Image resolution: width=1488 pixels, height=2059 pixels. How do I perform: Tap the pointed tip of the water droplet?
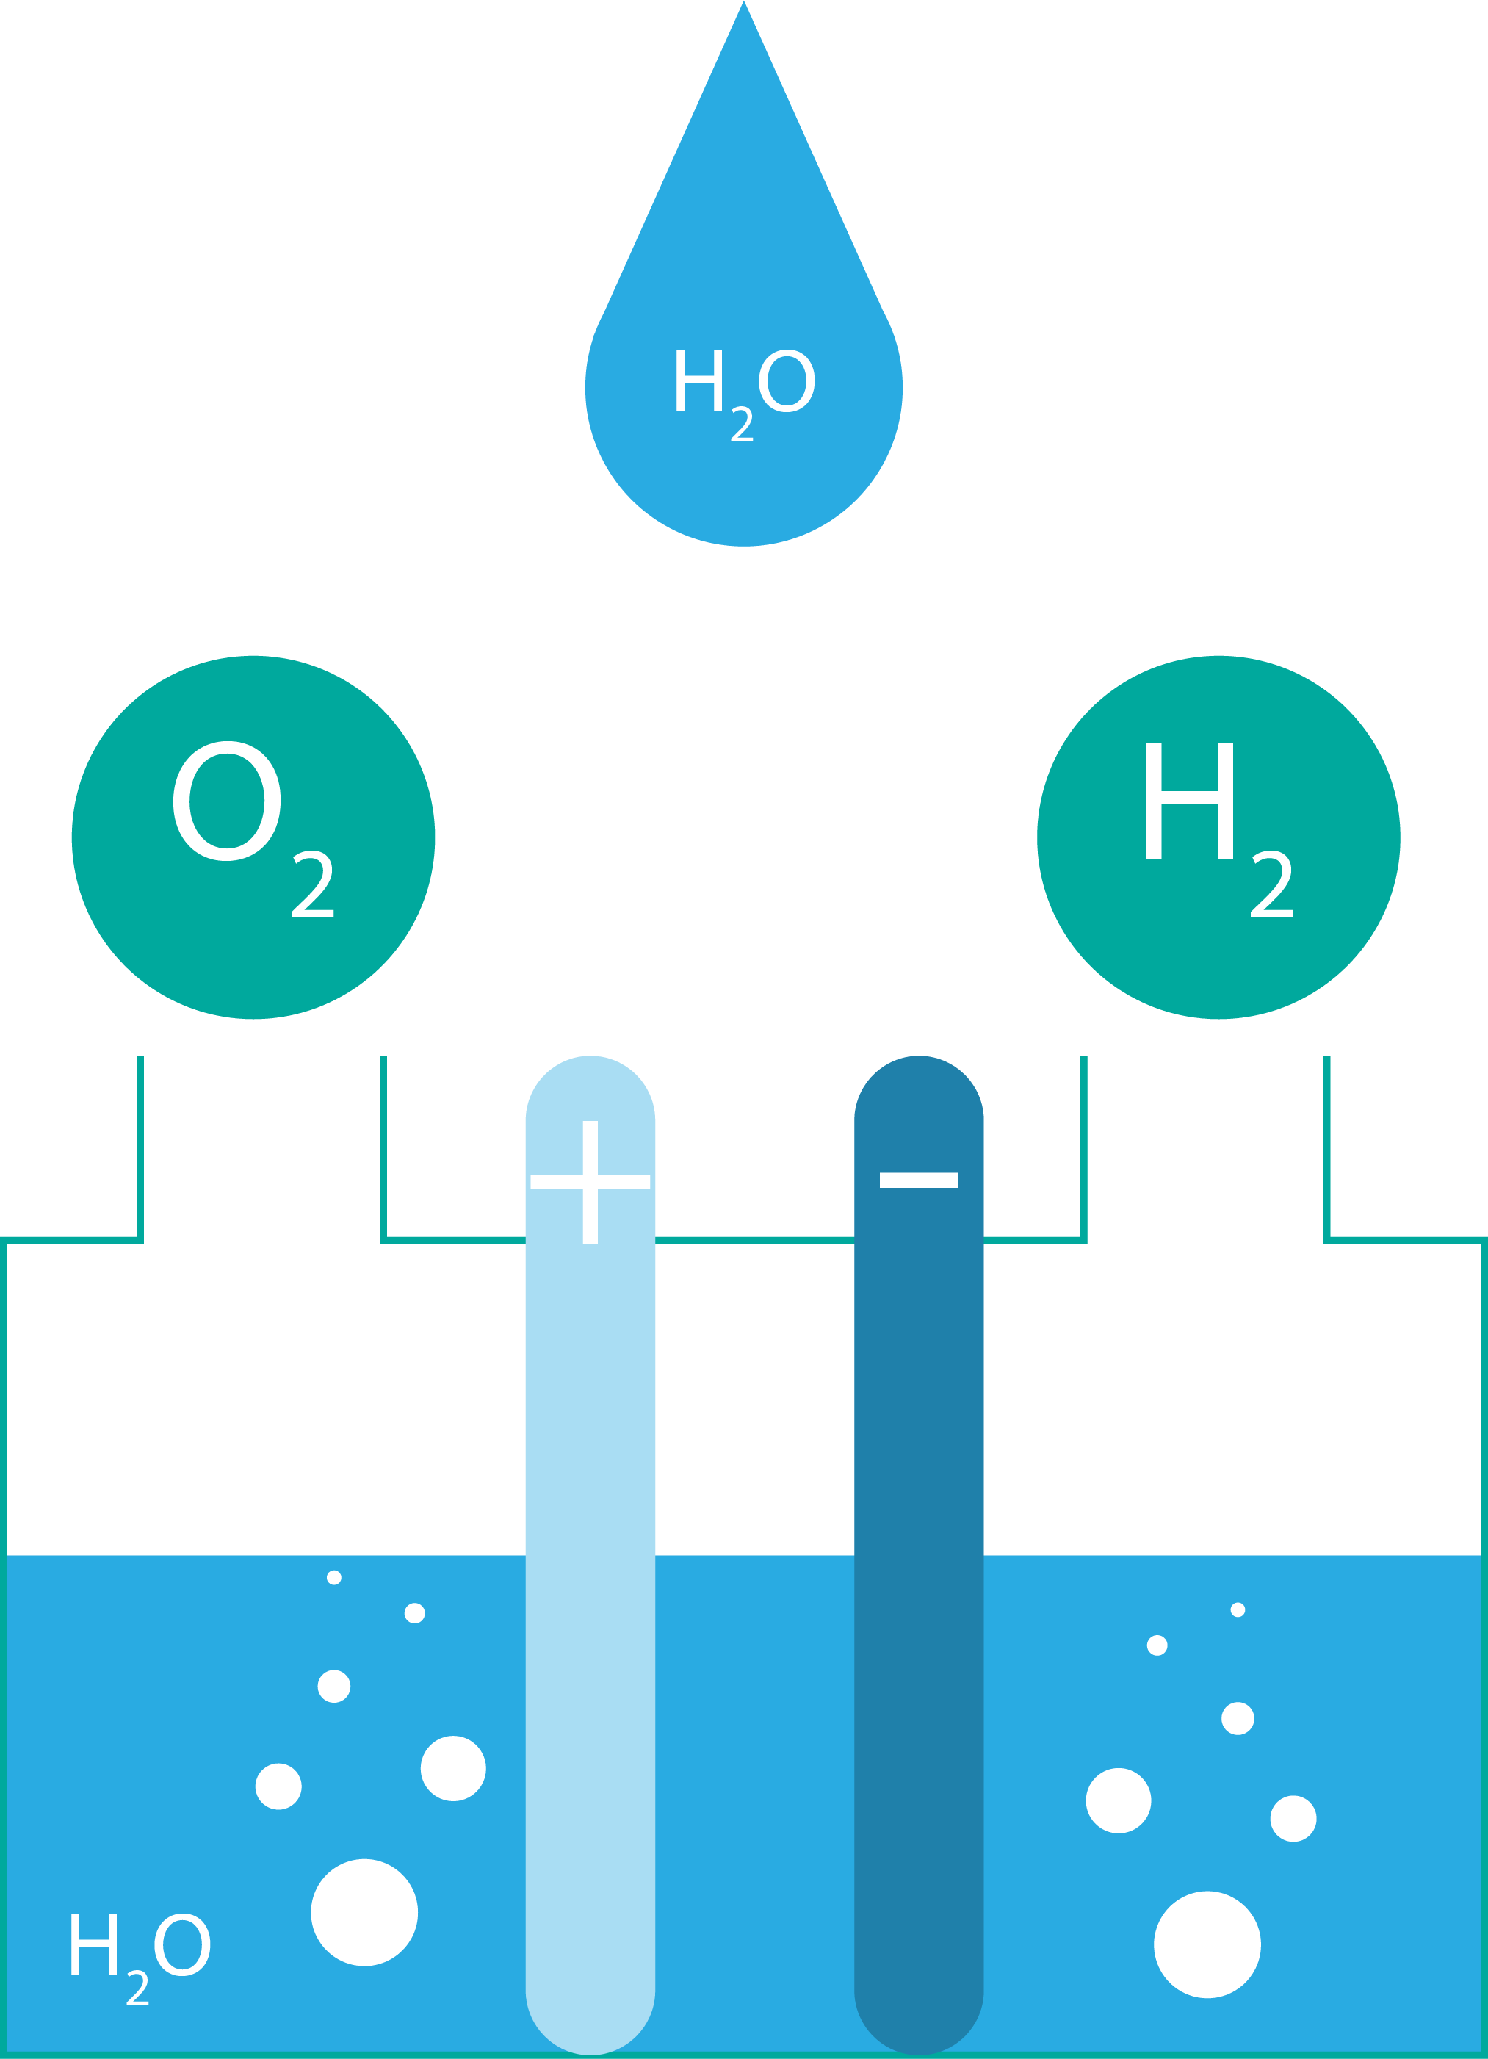click(743, 9)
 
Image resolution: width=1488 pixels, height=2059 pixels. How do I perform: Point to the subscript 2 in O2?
click(312, 884)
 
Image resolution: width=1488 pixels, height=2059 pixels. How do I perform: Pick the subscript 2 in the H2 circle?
click(1271, 884)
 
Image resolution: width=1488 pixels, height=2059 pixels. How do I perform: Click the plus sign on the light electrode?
click(590, 1182)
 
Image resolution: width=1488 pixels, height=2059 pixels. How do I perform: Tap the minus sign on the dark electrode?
click(919, 1180)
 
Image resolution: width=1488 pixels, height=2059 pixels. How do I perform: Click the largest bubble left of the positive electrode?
click(364, 1913)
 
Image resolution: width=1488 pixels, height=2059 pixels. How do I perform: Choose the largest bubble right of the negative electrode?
click(1207, 1944)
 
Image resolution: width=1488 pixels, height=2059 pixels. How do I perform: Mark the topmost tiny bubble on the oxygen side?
click(334, 1578)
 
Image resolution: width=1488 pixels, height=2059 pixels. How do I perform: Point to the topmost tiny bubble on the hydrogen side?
click(1238, 1609)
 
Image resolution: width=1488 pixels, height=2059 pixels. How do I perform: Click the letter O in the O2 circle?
click(226, 800)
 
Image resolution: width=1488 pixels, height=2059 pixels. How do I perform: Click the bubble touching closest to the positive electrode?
click(453, 1769)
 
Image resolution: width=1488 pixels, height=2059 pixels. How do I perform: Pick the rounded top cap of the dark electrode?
click(919, 1089)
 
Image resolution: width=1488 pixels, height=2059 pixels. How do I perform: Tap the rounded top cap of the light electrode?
click(590, 1089)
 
